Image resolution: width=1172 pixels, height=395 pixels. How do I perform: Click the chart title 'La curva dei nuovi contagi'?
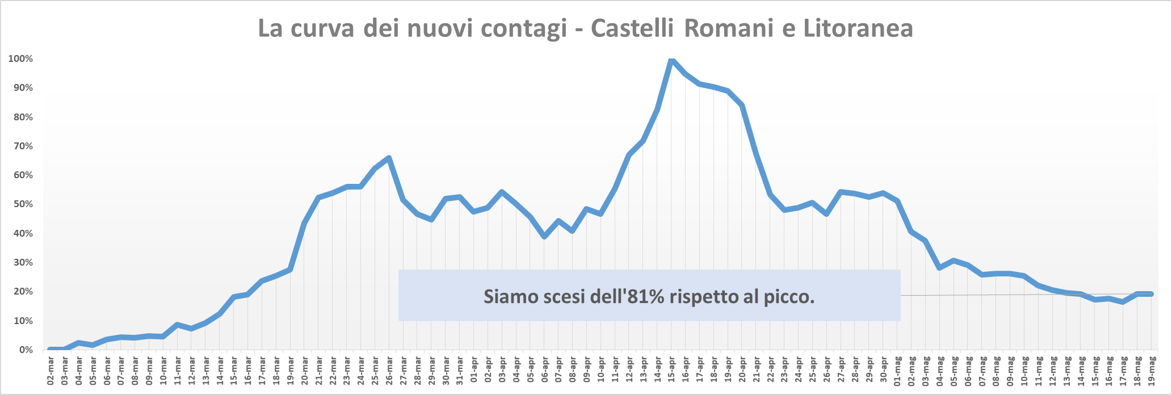[412, 28]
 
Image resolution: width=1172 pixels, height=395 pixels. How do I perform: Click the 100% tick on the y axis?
[20, 59]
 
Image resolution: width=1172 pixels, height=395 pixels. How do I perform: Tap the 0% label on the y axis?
[26, 350]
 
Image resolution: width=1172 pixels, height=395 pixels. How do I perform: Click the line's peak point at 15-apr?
[671, 60]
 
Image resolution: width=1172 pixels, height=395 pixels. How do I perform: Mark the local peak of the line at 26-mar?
[389, 158]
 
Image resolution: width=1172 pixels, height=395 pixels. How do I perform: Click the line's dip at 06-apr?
[544, 236]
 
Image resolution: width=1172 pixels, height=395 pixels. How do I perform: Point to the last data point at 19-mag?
[1151, 294]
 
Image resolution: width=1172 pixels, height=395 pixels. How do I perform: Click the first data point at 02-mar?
[51, 350]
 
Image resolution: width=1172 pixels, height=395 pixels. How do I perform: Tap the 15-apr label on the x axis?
[671, 371]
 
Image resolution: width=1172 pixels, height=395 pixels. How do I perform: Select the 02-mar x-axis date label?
[51, 371]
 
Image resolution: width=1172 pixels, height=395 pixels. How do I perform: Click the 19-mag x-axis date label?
[1151, 371]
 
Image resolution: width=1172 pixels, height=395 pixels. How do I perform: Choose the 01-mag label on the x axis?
[897, 371]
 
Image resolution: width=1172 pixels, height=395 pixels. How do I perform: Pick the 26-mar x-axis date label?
[389, 371]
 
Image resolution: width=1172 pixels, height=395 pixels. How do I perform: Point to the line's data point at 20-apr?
[742, 105]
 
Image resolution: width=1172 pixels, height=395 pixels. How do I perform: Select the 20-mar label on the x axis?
[304, 371]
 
